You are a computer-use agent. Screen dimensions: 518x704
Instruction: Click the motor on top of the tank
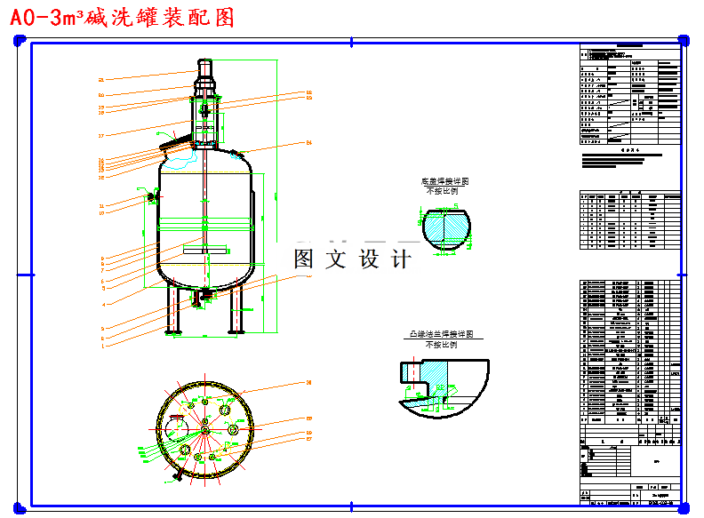tap(204, 71)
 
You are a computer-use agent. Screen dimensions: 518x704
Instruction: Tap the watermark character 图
tap(304, 259)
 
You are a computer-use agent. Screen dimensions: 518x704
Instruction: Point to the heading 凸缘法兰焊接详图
tap(439, 334)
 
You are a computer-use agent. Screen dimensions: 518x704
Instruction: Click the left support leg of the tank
tap(175, 311)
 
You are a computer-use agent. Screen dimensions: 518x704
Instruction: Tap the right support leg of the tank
tap(236, 311)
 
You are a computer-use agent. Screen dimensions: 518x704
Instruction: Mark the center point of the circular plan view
tap(204, 429)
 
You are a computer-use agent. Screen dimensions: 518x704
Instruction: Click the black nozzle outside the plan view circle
tap(178, 478)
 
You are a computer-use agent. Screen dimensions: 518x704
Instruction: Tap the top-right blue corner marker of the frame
tap(683, 40)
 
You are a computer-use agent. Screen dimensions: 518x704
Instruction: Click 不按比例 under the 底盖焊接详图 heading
tap(443, 191)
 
